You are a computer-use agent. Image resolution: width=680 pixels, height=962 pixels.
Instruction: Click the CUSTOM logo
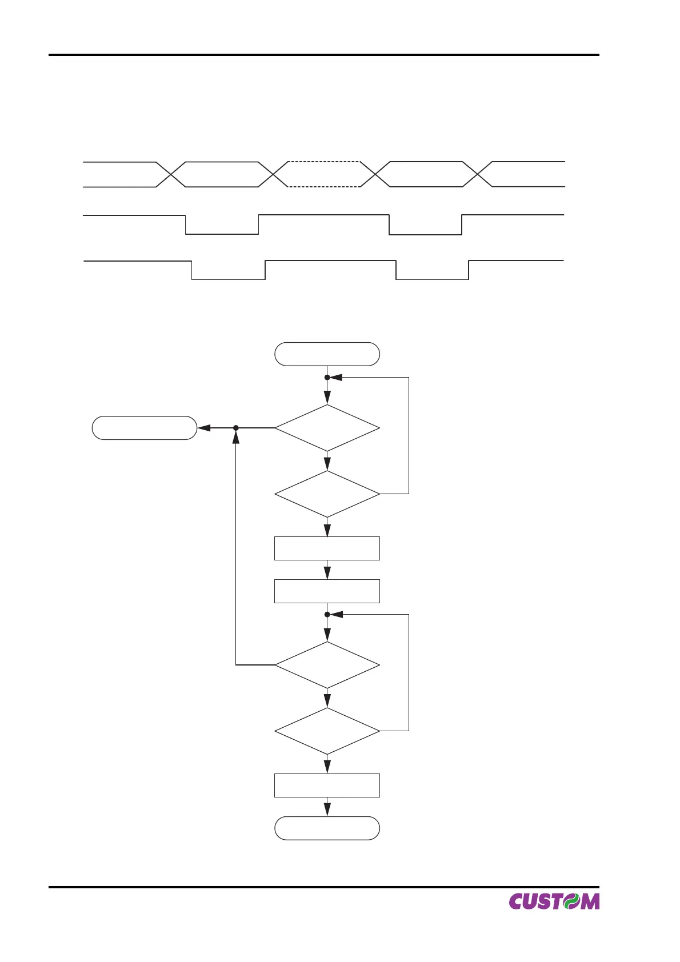tap(554, 901)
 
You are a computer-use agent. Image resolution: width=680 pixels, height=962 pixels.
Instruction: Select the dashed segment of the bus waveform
tap(323, 174)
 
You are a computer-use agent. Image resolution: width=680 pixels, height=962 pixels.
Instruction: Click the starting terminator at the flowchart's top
tap(327, 354)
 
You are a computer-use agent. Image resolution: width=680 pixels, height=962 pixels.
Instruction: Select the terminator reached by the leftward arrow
tap(145, 428)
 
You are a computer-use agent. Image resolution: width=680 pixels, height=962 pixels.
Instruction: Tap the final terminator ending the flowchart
tap(327, 828)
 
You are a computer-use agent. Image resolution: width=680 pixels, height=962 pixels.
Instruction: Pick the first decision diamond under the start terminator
tap(327, 428)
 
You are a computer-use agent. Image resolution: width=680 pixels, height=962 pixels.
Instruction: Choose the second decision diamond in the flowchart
tap(327, 494)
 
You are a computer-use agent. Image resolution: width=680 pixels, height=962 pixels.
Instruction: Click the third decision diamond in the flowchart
tap(327, 665)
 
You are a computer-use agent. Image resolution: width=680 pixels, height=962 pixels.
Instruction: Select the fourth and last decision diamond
tap(327, 731)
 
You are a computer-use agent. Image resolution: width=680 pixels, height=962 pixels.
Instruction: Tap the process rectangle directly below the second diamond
tap(327, 548)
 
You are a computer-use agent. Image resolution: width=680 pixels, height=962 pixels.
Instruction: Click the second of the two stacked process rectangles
tap(327, 591)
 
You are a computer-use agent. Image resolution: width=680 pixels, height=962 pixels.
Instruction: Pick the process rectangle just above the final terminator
tap(327, 785)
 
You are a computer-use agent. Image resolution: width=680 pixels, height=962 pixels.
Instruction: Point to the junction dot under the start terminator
tap(327, 378)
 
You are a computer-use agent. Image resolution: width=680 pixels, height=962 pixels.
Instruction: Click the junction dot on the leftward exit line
tap(235, 428)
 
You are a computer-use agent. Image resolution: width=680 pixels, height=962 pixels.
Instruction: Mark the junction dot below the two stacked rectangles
tap(327, 615)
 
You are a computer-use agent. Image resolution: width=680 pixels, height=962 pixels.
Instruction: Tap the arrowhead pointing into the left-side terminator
tap(203, 428)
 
